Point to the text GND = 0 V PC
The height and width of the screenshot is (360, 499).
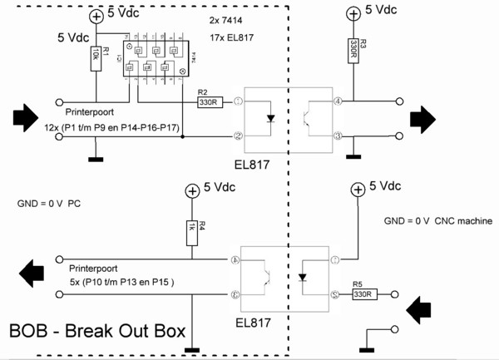49,203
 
